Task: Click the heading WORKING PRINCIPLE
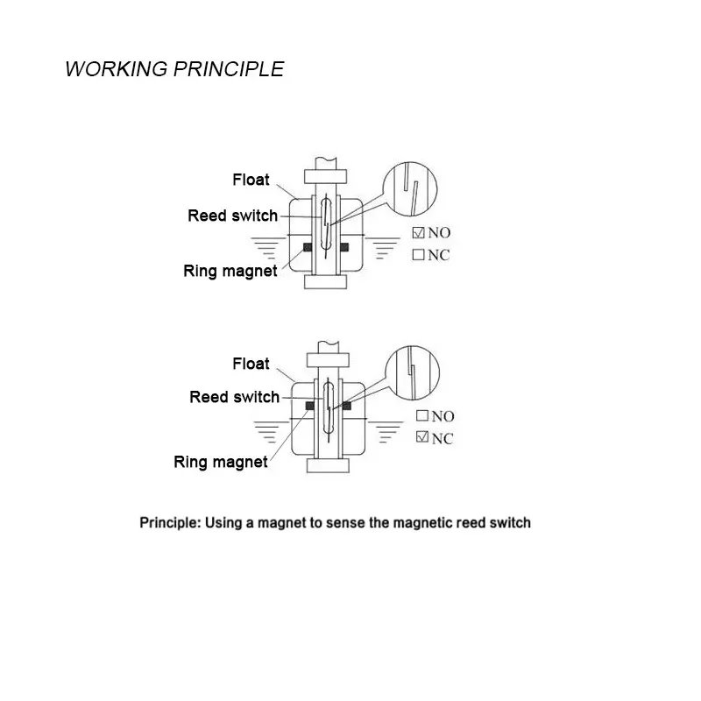click(x=174, y=70)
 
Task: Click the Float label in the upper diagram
click(x=251, y=180)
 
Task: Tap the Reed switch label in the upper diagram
click(x=232, y=216)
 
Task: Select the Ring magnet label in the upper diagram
click(x=230, y=271)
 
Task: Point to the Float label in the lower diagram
click(x=251, y=363)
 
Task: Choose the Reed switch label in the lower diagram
click(x=234, y=397)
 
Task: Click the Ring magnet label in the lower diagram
click(x=221, y=462)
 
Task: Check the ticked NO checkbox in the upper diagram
click(x=418, y=233)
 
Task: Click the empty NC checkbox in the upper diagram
click(x=418, y=255)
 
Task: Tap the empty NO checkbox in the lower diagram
click(x=421, y=416)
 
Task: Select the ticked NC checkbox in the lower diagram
click(x=421, y=437)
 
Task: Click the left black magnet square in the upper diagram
click(x=307, y=248)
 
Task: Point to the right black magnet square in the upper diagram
click(x=342, y=248)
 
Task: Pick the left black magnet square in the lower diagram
click(x=308, y=406)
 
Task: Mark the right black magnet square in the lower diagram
click(x=346, y=406)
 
